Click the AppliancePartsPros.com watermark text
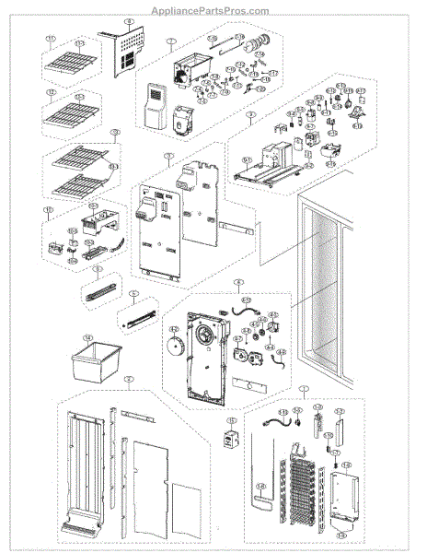click(x=213, y=10)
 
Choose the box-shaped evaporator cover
click(x=346, y=498)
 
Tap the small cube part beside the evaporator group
click(x=232, y=438)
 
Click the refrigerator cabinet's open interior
click(x=318, y=304)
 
